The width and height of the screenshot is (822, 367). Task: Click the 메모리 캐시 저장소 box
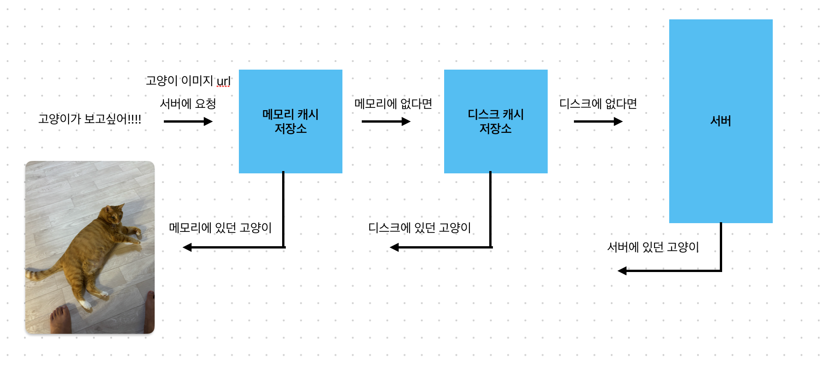[290, 121]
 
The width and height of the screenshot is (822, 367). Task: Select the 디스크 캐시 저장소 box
[496, 121]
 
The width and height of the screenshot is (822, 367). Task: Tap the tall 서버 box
[721, 121]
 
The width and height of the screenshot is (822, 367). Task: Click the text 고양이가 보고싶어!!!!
[90, 119]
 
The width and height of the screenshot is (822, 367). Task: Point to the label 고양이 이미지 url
[188, 81]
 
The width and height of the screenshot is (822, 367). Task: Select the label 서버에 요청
[188, 104]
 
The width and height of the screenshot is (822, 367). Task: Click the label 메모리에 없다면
[393, 104]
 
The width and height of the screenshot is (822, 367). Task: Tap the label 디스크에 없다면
[598, 104]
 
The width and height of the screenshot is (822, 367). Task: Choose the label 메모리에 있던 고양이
[220, 228]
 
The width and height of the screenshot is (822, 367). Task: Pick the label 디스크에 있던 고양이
[419, 228]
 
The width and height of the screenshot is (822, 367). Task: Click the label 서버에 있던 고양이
[653, 248]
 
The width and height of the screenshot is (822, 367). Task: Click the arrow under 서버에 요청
[188, 122]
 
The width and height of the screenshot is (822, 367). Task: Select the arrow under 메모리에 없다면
[386, 122]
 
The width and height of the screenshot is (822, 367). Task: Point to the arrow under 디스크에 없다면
[598, 122]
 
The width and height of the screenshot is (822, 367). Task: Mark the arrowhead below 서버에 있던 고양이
[622, 271]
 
